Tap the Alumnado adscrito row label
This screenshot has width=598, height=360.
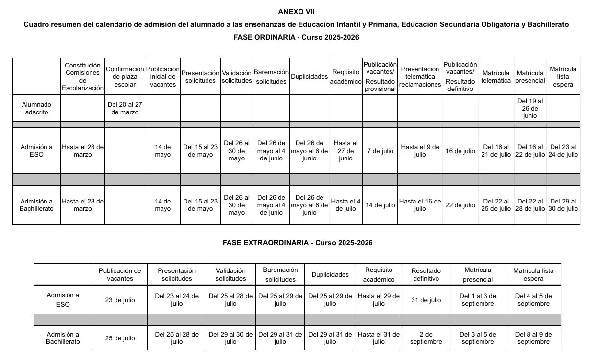[x=36, y=108]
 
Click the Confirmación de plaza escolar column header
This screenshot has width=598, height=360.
[x=125, y=77]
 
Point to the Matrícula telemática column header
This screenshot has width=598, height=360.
[x=496, y=77]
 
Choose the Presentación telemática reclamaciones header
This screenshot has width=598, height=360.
[x=420, y=77]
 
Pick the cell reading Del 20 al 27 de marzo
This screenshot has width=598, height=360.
[x=125, y=108]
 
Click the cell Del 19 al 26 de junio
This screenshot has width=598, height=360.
[x=530, y=108]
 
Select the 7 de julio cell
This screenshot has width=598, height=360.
[x=380, y=151]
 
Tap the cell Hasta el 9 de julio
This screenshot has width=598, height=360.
[x=420, y=151]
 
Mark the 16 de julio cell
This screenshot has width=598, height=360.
[x=460, y=151]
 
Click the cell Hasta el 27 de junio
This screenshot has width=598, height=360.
[x=345, y=151]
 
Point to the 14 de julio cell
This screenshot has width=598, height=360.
[x=380, y=205]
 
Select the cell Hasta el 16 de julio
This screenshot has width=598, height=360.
[x=420, y=205]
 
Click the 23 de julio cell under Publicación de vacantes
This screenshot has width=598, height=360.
[x=120, y=300]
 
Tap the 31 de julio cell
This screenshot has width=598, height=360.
[x=426, y=300]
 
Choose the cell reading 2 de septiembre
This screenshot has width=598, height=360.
[x=426, y=338]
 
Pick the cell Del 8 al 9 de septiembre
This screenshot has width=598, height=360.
[x=533, y=338]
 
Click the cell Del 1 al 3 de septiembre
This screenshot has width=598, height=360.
[x=478, y=300]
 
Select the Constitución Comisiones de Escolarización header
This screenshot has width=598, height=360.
[x=83, y=77]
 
